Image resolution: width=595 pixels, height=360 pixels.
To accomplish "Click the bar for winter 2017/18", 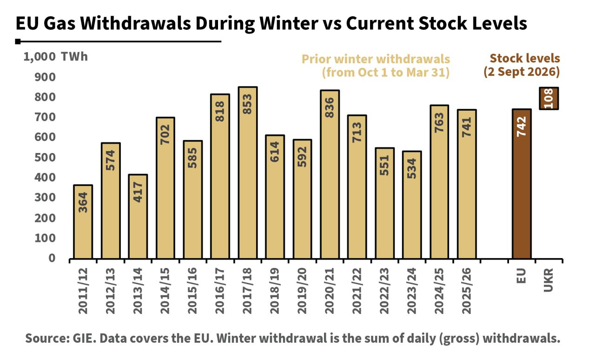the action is point(248,173).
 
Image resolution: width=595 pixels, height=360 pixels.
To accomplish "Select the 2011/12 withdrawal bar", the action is point(83,222).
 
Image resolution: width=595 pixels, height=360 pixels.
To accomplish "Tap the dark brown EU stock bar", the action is point(522,184).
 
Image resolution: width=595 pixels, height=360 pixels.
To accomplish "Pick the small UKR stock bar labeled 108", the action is point(549,99).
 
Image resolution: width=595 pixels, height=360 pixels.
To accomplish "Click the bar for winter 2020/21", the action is point(330,174).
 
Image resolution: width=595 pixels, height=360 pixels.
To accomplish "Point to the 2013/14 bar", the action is point(138,217).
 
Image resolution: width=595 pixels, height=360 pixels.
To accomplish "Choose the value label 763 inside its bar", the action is point(439,123).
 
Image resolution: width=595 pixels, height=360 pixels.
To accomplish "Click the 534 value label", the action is point(412,168).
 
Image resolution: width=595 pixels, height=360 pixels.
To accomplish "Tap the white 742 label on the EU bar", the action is point(522,127).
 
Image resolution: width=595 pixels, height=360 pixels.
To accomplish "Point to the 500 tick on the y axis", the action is point(45,157).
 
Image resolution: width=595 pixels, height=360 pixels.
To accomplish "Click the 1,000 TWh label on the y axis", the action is point(55,57).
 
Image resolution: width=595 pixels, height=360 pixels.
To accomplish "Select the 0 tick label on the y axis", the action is point(52,258).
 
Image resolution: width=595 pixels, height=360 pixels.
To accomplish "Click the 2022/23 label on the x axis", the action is point(384,291).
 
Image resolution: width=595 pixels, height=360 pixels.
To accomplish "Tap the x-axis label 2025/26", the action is point(466,291).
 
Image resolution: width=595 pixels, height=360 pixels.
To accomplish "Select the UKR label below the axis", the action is point(549,280).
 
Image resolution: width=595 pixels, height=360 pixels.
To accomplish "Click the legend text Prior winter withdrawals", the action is point(376,59).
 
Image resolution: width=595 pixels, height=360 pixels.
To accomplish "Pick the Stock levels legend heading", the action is point(525,58).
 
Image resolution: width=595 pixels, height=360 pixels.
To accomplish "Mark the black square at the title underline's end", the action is point(18,41).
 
